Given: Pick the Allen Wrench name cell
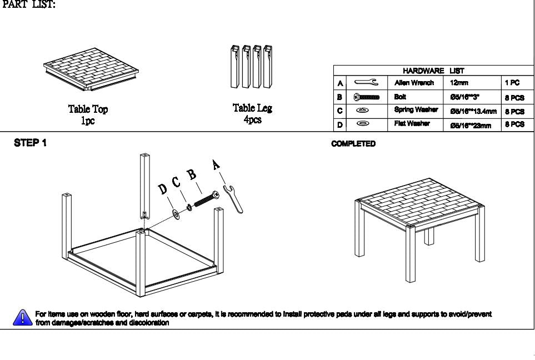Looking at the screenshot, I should [x=414, y=83].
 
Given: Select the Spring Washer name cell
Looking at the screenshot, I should [x=416, y=110].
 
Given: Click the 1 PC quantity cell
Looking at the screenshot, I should [x=512, y=83].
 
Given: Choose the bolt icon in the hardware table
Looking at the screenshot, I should [x=367, y=97].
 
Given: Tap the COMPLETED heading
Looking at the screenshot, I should [x=353, y=144].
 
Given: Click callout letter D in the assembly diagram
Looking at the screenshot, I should [x=163, y=191].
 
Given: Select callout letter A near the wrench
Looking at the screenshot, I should [x=217, y=165].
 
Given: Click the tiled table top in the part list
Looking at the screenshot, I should [x=91, y=71].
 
